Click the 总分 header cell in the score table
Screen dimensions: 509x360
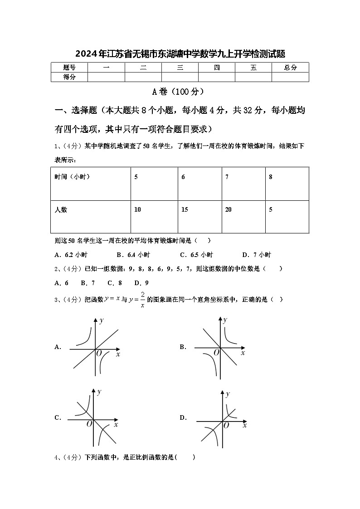290,68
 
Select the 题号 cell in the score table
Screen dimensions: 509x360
69,68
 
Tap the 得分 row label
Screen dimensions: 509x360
69,77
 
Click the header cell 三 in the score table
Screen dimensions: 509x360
180,68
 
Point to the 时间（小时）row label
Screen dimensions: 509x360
72,177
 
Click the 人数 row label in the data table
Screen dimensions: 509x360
61,210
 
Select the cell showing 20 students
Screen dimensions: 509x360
229,209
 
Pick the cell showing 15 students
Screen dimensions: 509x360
185,209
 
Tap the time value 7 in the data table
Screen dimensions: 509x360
227,177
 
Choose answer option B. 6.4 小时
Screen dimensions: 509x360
133,255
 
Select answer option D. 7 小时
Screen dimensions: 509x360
256,255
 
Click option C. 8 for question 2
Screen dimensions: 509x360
114,283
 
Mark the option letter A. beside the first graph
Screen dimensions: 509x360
58,347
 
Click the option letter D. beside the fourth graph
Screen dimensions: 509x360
183,418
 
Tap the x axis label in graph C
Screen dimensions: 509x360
116,425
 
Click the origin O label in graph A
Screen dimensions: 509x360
98,353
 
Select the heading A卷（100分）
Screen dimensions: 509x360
180,92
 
